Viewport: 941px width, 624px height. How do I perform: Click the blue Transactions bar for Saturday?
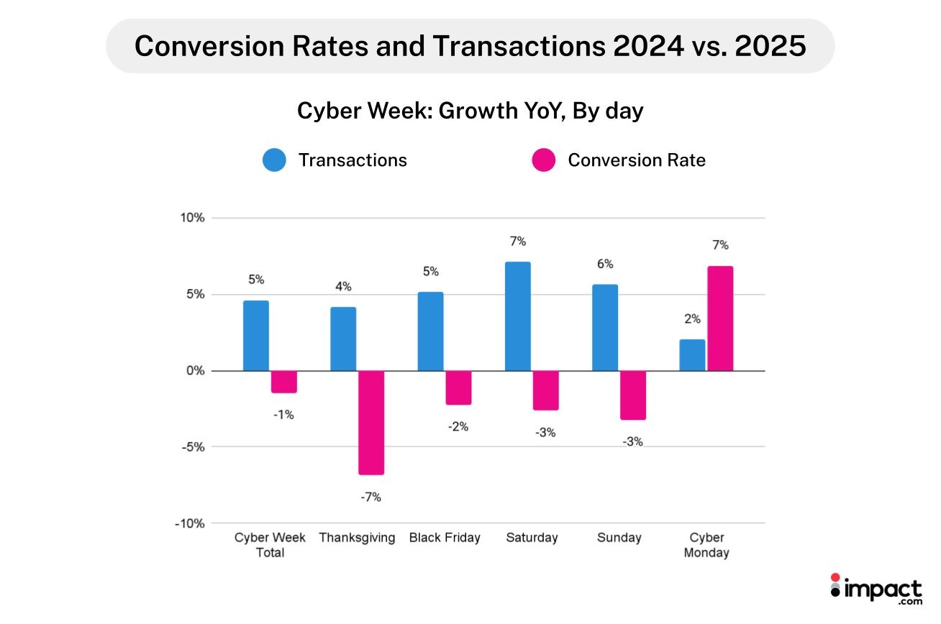pos(517,316)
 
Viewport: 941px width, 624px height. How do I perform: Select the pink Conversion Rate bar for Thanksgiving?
pos(371,423)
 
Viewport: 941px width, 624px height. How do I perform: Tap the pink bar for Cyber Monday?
pos(720,318)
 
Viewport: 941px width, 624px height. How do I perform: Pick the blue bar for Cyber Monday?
pos(692,355)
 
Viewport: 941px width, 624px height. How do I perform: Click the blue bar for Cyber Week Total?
pos(255,336)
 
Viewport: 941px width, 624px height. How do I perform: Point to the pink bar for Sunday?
pos(633,395)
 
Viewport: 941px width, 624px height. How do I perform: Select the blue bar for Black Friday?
pos(430,331)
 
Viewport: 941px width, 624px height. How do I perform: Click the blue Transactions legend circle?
pos(274,160)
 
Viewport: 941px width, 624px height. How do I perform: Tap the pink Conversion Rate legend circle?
pos(544,160)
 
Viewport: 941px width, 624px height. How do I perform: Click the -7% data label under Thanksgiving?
pos(371,497)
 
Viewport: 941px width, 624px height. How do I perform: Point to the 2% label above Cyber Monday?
pos(692,319)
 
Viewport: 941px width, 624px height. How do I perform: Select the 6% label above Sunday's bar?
pos(604,265)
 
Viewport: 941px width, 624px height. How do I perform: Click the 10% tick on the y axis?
pos(194,218)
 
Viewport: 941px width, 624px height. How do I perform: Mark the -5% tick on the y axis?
pos(193,446)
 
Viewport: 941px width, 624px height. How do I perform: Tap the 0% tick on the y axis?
pos(196,371)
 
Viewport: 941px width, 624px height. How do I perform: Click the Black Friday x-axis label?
pos(444,538)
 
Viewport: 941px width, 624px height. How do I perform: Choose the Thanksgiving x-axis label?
pos(357,538)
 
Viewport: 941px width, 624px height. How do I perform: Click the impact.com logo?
pos(876,589)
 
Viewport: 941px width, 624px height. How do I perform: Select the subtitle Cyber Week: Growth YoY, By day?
pos(470,111)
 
